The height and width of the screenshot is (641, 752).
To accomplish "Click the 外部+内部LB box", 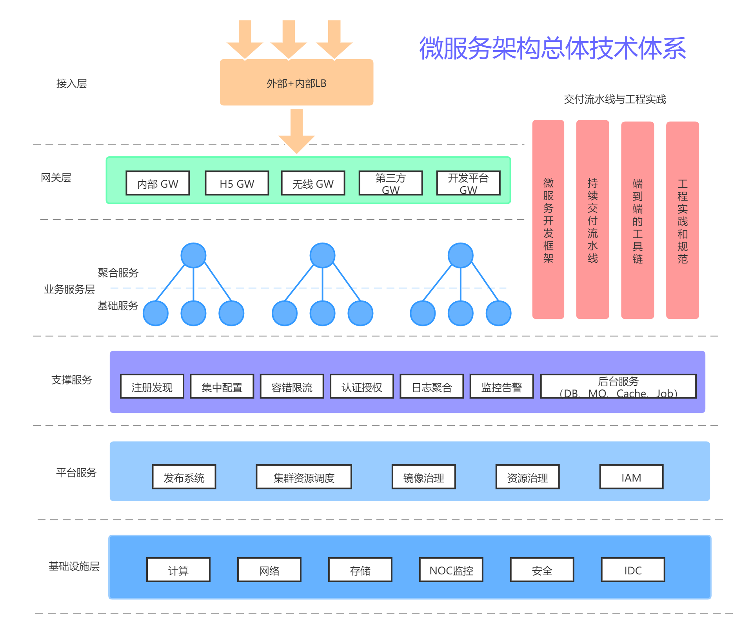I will pyautogui.click(x=296, y=83).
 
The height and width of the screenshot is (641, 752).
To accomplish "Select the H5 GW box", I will pyautogui.click(x=237, y=183).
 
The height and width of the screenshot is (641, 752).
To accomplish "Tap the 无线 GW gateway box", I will pyautogui.click(x=313, y=183).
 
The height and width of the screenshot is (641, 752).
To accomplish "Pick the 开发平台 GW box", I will pyautogui.click(x=468, y=183).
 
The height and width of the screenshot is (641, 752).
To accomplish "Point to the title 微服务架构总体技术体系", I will pyautogui.click(x=552, y=48).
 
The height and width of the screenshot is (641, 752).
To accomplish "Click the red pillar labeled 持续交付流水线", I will pyautogui.click(x=592, y=219).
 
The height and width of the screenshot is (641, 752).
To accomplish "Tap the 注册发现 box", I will pyautogui.click(x=152, y=387).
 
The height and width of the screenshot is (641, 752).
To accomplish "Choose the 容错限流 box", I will pyautogui.click(x=292, y=387).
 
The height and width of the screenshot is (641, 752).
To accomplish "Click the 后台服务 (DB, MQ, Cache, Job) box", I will pyautogui.click(x=618, y=387).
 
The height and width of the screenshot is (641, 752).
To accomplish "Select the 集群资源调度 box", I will pyautogui.click(x=304, y=477).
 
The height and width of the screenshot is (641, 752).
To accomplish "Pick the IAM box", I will pyautogui.click(x=631, y=477).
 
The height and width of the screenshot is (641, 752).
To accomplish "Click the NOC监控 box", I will pyautogui.click(x=451, y=570).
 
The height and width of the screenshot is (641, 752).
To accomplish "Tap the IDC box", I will pyautogui.click(x=633, y=570).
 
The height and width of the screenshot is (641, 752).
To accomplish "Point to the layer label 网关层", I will pyautogui.click(x=56, y=178).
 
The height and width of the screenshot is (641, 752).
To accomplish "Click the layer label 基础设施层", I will pyautogui.click(x=74, y=566).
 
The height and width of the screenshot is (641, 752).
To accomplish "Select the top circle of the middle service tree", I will pyautogui.click(x=322, y=255).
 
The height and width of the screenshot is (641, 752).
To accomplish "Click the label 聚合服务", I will pyautogui.click(x=118, y=273).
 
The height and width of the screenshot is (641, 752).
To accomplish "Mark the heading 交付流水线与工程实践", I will pyautogui.click(x=615, y=100).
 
